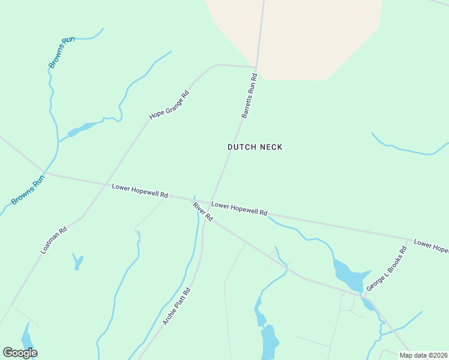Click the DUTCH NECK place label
[x=255, y=147]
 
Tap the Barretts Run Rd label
[x=249, y=95]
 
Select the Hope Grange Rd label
[x=169, y=104]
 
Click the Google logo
[x=20, y=353]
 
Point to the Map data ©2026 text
[x=423, y=355]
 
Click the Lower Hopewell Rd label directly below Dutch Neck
[x=239, y=209]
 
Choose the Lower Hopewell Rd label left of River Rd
[x=140, y=191]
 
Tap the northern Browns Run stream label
[x=61, y=52]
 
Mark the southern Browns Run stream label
[x=28, y=190]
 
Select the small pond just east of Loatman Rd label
[x=77, y=261]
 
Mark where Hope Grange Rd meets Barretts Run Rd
[x=256, y=67]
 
